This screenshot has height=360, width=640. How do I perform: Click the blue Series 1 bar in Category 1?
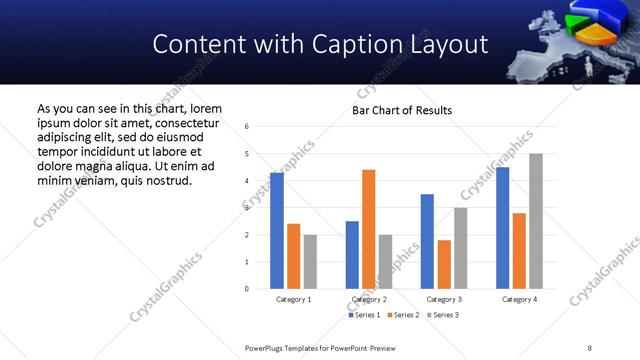click(277, 231)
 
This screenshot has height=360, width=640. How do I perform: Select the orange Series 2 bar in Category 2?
click(368, 229)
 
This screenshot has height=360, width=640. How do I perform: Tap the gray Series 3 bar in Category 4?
click(535, 221)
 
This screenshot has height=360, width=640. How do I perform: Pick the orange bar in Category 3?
click(444, 264)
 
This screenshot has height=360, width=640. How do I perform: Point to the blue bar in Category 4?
click(502, 228)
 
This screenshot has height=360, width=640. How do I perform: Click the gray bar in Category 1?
click(310, 262)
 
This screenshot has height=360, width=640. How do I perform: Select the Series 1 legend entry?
click(364, 315)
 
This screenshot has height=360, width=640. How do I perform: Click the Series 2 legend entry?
click(402, 315)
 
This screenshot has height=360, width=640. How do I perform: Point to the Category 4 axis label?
click(518, 299)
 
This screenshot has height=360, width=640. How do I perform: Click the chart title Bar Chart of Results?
click(402, 110)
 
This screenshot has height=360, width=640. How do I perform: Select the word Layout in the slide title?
click(446, 44)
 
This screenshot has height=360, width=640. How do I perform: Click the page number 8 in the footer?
click(589, 347)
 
